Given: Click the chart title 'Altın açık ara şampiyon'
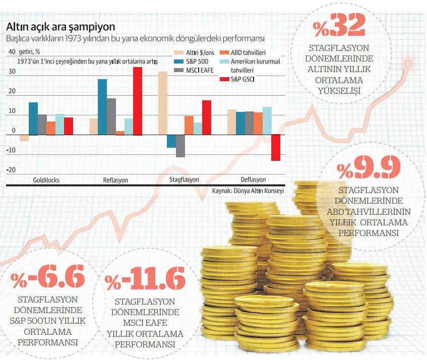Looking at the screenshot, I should point(60,26).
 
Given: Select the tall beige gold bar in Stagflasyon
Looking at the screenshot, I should point(162,103).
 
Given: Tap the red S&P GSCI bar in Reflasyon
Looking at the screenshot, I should point(138,101).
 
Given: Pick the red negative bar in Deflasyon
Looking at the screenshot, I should point(276,147).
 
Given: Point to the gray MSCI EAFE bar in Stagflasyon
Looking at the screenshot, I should point(180,146).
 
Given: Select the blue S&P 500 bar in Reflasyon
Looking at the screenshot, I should point(102,107).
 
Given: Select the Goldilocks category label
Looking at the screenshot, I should point(46,180).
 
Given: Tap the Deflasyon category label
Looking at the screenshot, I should point(253,180).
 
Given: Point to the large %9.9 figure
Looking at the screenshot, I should point(370,169).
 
